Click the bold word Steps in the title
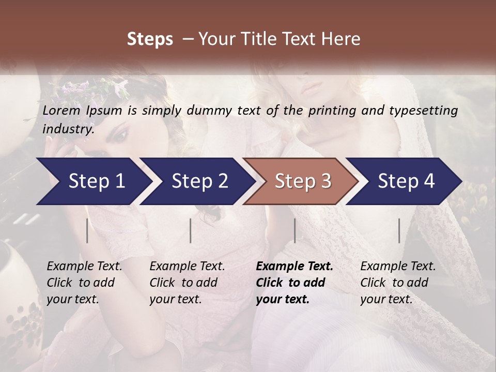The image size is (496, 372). (150, 39)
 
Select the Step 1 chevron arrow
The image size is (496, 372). (93, 181)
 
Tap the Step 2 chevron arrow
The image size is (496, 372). (196, 181)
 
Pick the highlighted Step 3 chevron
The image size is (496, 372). (300, 181)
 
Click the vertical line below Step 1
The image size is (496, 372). (87, 230)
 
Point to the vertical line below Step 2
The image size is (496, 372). (191, 230)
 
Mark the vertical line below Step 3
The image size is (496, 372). (295, 230)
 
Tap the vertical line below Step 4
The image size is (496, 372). (399, 230)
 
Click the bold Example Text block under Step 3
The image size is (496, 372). (294, 283)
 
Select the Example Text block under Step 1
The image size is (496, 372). (84, 283)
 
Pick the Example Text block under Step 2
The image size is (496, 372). (187, 283)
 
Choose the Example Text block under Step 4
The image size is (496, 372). (398, 283)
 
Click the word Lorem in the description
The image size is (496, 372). (61, 111)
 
